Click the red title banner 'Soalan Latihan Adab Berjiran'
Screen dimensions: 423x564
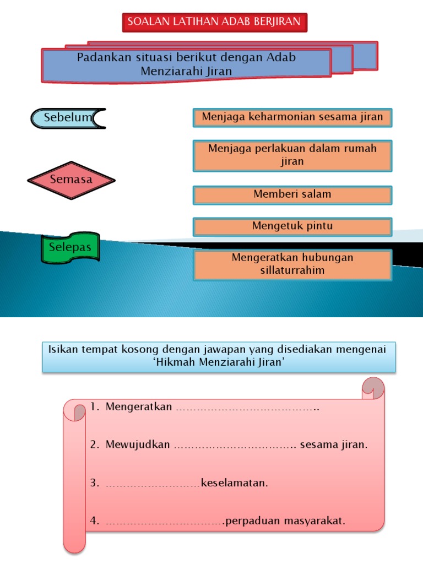214,22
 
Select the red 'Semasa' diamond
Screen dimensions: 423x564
71,180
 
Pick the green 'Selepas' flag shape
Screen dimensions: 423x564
70,247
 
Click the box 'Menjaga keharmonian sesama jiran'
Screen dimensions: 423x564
292,117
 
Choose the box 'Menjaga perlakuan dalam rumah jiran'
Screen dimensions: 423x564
292,155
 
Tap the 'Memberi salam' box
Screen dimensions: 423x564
292,194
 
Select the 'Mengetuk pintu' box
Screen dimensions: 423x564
292,226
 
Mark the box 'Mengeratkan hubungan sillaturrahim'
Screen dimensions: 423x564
292,264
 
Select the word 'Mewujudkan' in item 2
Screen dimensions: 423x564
138,445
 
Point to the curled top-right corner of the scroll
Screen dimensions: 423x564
374,388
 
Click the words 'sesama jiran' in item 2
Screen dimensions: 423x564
334,445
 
